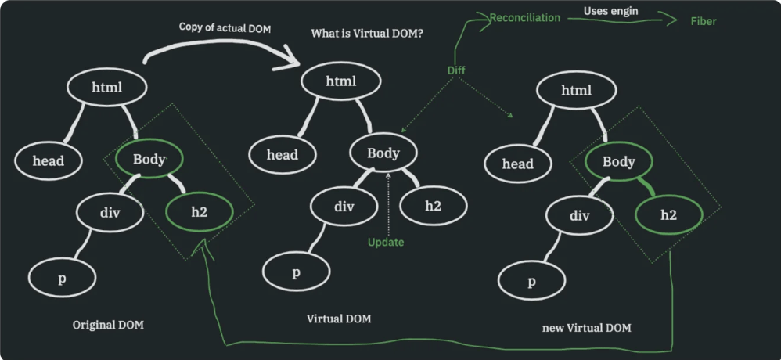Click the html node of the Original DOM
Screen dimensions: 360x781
pyautogui.click(x=107, y=87)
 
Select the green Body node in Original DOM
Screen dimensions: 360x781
pyautogui.click(x=149, y=160)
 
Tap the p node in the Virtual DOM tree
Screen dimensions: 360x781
pyautogui.click(x=296, y=272)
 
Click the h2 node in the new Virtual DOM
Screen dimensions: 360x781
pyautogui.click(x=668, y=214)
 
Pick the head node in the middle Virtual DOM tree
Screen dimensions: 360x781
pyautogui.click(x=283, y=154)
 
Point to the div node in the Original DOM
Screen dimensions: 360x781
pyautogui.click(x=109, y=211)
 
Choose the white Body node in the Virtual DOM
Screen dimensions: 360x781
pyautogui.click(x=383, y=153)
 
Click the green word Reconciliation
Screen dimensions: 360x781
pyautogui.click(x=524, y=17)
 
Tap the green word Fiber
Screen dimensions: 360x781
pyautogui.click(x=703, y=21)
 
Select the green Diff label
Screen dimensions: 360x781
pyautogui.click(x=456, y=70)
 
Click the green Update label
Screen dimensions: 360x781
pyautogui.click(x=386, y=242)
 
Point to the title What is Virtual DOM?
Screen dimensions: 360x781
pyautogui.click(x=367, y=34)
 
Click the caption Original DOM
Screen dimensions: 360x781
pyautogui.click(x=108, y=325)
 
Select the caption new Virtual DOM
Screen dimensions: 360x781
pyautogui.click(x=586, y=327)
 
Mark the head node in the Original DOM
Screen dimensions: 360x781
pyautogui.click(x=48, y=160)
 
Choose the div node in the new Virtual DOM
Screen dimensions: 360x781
pyautogui.click(x=579, y=216)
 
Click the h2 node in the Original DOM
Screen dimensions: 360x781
pyautogui.click(x=199, y=211)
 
